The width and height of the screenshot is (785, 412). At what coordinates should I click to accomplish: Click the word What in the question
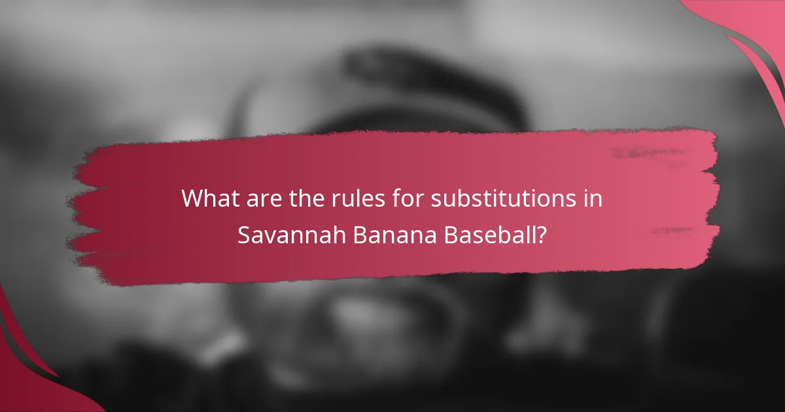click(x=207, y=198)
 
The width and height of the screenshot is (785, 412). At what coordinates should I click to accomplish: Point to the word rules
click(x=347, y=198)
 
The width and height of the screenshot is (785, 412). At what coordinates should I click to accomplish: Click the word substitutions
click(x=504, y=198)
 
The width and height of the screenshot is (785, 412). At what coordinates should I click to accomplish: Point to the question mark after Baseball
click(x=542, y=235)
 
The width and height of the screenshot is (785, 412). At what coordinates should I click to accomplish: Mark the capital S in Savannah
click(x=243, y=235)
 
